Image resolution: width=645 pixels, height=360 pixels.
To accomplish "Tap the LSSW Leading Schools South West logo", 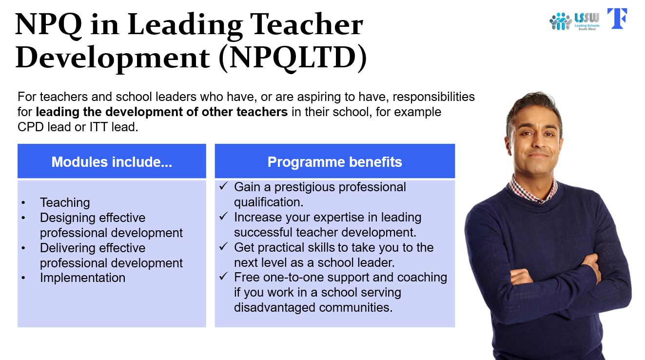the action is pyautogui.click(x=574, y=21).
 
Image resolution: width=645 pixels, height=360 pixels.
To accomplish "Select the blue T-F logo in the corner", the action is pyautogui.click(x=617, y=19).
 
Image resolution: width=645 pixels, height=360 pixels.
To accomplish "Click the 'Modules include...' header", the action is pyautogui.click(x=112, y=162).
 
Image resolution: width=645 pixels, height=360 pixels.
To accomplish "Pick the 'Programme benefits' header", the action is pyautogui.click(x=334, y=162).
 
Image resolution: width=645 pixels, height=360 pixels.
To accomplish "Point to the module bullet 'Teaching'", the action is pyautogui.click(x=65, y=202).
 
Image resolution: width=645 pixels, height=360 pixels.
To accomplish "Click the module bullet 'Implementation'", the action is pyautogui.click(x=83, y=278).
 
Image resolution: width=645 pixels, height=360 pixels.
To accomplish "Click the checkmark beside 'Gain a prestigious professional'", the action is pyautogui.click(x=223, y=186).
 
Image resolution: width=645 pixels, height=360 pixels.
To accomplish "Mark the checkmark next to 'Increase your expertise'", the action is pyautogui.click(x=223, y=216).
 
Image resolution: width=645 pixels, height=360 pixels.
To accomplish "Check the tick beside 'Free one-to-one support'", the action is pyautogui.click(x=223, y=276).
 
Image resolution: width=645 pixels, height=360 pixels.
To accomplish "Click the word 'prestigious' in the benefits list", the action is pyautogui.click(x=304, y=187).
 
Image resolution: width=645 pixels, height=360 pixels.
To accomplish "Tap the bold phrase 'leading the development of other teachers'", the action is pyautogui.click(x=161, y=112).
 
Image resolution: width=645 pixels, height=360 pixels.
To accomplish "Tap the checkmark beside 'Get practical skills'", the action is pyautogui.click(x=223, y=246).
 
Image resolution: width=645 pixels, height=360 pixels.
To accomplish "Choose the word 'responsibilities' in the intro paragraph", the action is pyautogui.click(x=433, y=97).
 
